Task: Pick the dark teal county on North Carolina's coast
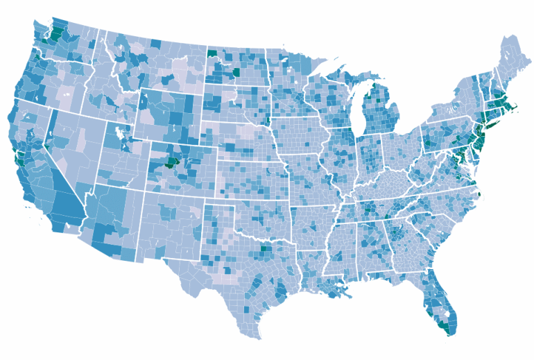(479, 197)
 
